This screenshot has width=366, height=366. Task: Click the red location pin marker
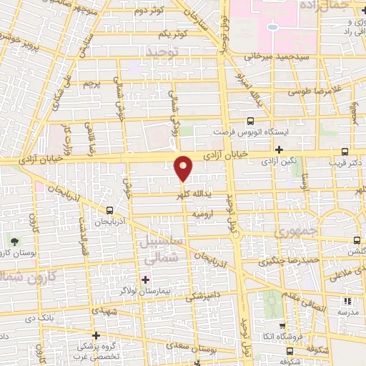pos(184,167)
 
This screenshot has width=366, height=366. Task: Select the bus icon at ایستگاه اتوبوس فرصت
pos(250,121)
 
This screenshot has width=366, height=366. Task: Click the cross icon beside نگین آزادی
pos(279,150)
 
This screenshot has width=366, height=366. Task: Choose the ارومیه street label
pos(202,214)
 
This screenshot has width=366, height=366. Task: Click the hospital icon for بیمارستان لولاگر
pos(146,279)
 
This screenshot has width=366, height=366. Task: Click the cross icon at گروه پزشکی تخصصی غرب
pos(96,335)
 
